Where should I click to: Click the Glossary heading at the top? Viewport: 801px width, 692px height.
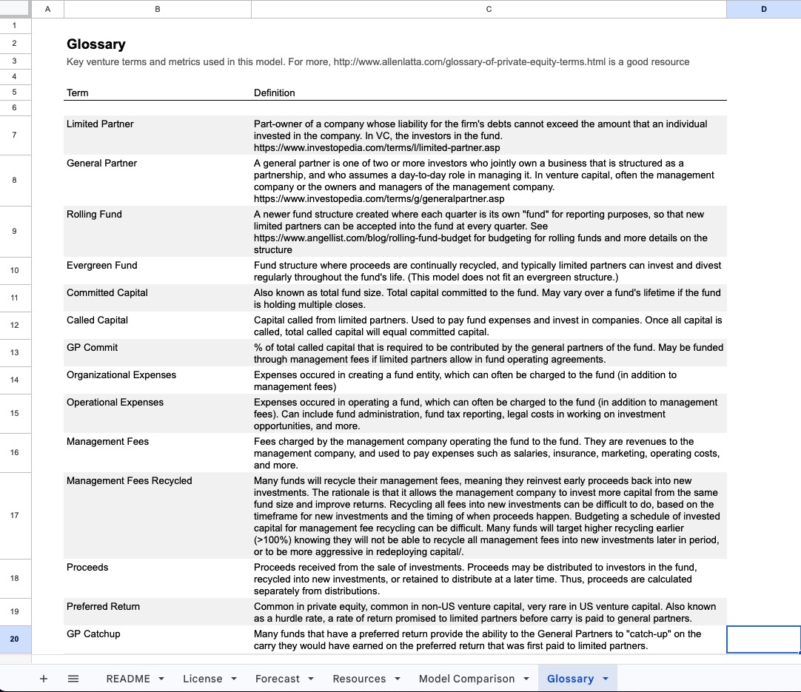pos(96,44)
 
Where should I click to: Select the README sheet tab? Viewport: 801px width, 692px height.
pos(128,679)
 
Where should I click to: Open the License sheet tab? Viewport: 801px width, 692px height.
pos(202,679)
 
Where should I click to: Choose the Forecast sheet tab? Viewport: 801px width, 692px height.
pos(278,679)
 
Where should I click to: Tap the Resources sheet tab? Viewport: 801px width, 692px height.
pos(359,679)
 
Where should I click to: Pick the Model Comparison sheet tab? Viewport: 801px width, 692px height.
pos(466,679)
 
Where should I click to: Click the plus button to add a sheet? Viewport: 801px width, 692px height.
pos(44,679)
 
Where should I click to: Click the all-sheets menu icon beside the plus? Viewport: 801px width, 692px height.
pos(73,679)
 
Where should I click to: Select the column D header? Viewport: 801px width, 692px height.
pos(763,9)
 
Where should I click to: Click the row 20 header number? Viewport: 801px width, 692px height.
pos(15,639)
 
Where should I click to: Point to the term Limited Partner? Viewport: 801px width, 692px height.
pos(100,124)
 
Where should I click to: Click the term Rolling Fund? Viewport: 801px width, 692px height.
pos(94,215)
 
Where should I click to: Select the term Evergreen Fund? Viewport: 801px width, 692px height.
pos(102,266)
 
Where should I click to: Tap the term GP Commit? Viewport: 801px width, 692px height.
pos(92,348)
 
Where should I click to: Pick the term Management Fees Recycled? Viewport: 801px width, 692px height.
pos(129,481)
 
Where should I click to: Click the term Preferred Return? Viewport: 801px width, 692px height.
pos(103,607)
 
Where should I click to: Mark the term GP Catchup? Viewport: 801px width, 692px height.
pos(93,634)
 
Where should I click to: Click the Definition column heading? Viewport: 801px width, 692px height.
pos(274,93)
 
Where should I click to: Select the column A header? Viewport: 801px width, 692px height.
pos(48,9)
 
